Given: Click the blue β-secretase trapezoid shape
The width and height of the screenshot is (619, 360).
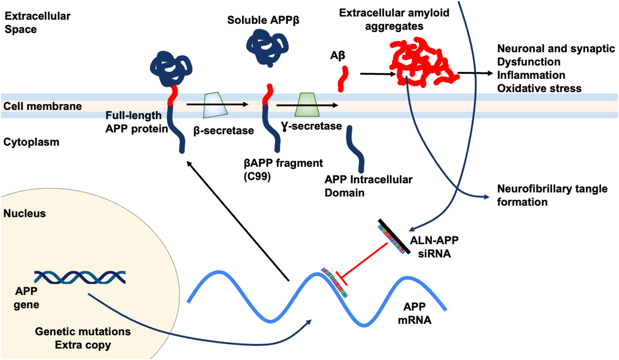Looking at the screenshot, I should point(215,105).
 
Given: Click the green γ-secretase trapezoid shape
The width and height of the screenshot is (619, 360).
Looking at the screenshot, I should point(307,105).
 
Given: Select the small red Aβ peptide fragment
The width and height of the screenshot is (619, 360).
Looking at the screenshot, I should point(343,79).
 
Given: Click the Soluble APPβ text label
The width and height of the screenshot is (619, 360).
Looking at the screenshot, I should point(263,20).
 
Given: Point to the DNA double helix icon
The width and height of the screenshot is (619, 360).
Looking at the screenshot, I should point(80,277).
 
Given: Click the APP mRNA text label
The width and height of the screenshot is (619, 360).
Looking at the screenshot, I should point(414,313).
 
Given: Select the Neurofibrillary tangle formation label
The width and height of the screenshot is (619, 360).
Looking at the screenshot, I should point(552,195).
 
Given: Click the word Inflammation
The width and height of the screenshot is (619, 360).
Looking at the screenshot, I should point(531,75).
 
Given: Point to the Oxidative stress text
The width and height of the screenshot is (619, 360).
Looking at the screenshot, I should point(539,88).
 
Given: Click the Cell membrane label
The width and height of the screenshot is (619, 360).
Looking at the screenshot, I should point(43,106).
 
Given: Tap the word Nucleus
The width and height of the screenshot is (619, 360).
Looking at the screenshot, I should point(24,213).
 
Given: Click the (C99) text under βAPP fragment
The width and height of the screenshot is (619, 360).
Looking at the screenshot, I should point(257,177).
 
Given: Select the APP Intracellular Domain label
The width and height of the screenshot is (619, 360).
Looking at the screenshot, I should point(368,186).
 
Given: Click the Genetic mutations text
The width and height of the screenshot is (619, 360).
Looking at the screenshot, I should point(83,331).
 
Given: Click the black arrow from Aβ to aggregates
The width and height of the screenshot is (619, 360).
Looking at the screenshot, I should point(377,74).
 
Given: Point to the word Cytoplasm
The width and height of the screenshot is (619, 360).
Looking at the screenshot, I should point(31,142).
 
